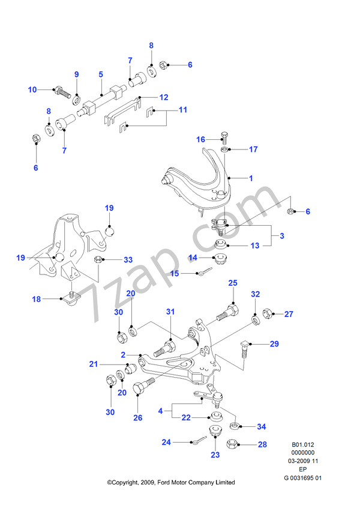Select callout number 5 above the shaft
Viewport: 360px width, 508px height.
[x=101, y=74]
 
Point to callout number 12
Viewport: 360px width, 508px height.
[x=164, y=97]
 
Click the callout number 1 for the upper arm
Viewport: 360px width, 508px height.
[x=251, y=178]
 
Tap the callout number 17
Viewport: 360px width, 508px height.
[x=253, y=149]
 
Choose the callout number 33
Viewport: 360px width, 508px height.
[x=128, y=260]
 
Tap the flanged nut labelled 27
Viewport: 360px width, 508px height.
[x=268, y=313]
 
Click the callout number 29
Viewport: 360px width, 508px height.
[x=274, y=343]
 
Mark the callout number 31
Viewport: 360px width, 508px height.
[x=170, y=311]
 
